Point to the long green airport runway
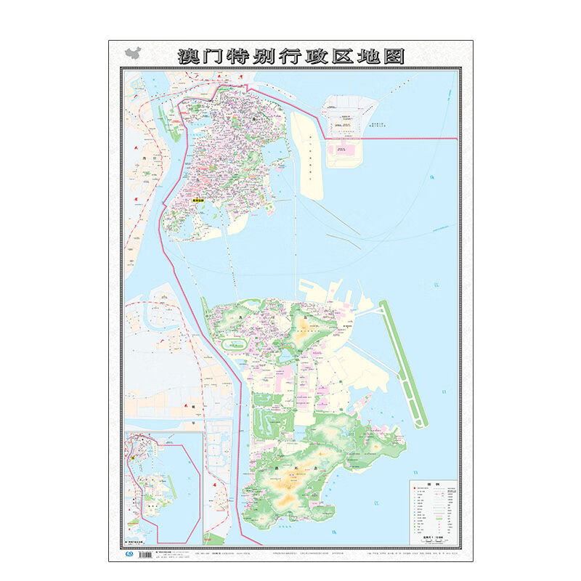coord(404,363)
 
